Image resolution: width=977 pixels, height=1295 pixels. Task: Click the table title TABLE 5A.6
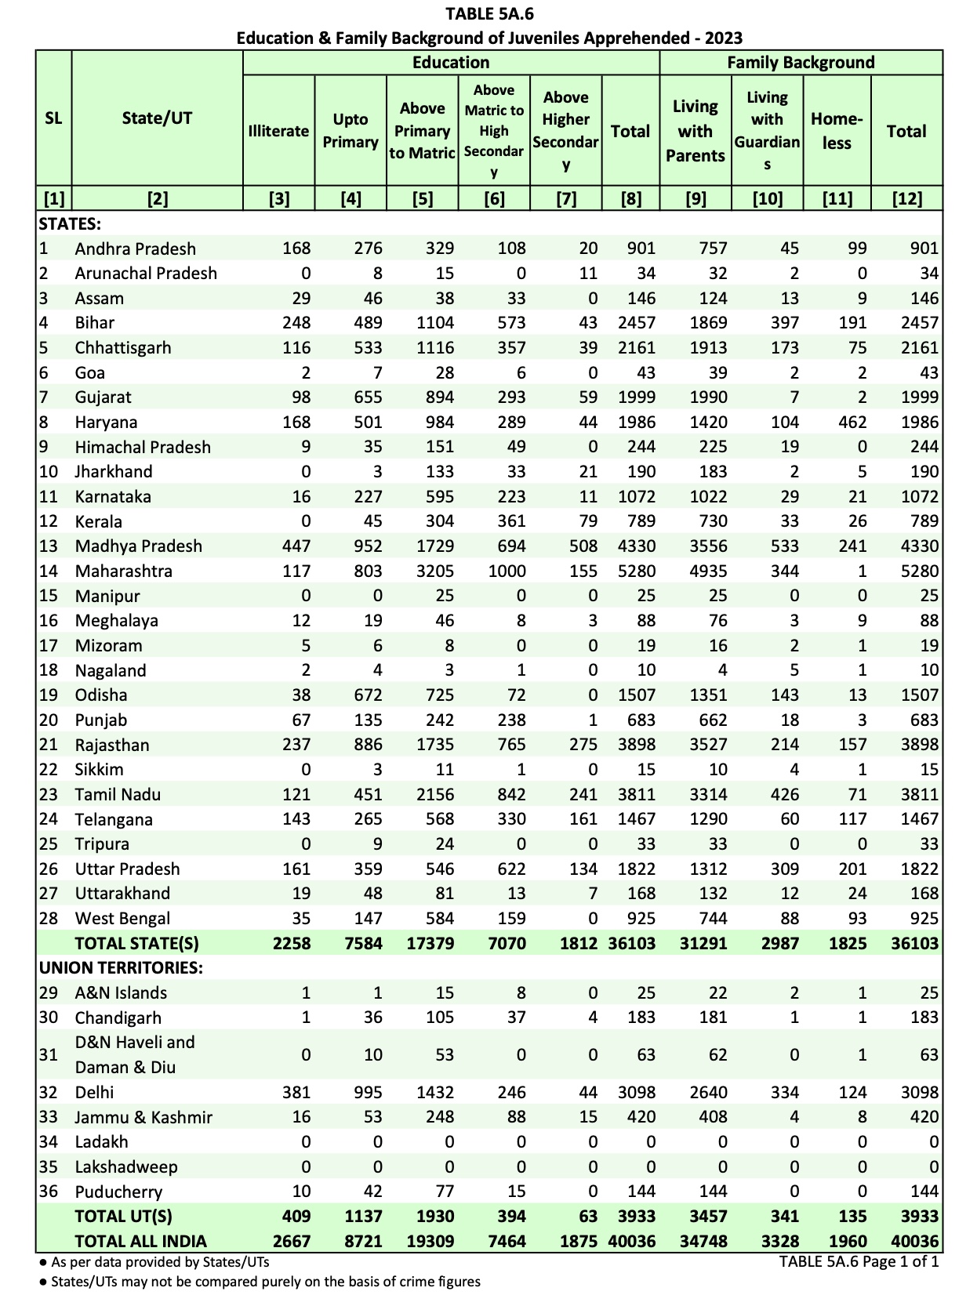coord(489,13)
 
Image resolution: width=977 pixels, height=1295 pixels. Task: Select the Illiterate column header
coord(278,131)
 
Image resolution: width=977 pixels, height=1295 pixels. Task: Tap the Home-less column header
coord(837,131)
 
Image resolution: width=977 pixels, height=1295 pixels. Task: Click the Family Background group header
coord(801,63)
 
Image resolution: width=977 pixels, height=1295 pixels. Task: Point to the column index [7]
coord(565,199)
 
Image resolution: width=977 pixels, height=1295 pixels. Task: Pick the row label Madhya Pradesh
coord(139,546)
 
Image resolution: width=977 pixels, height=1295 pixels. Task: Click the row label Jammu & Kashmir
coord(143,1117)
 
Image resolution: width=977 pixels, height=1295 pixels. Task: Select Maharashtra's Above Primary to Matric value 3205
coord(435,571)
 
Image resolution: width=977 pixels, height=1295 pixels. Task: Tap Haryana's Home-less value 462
coord(852,423)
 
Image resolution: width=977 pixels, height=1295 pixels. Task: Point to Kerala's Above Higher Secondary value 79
coord(588,521)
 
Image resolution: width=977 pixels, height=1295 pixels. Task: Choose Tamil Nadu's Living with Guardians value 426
coord(784,795)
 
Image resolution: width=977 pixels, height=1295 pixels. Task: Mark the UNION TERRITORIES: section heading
coord(121,968)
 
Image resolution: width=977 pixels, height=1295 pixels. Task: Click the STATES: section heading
coord(70,224)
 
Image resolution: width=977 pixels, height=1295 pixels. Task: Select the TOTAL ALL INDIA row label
coord(140,1242)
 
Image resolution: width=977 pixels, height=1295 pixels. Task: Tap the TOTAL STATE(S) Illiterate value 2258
coord(292,944)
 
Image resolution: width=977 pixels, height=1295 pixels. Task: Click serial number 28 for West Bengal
coord(49,919)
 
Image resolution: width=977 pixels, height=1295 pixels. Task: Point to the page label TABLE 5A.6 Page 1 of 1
coord(859,1262)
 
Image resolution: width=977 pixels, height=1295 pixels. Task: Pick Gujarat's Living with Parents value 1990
coord(708,397)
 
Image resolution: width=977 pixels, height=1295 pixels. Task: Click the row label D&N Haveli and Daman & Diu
coord(135,1055)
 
